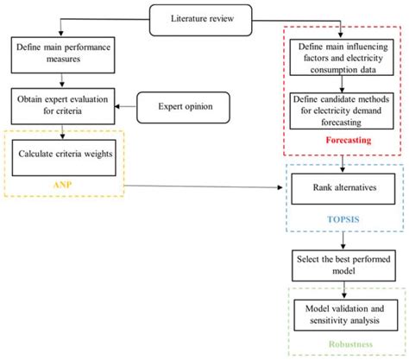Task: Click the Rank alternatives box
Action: pyautogui.click(x=343, y=186)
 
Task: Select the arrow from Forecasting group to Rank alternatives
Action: pyautogui.click(x=343, y=162)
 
